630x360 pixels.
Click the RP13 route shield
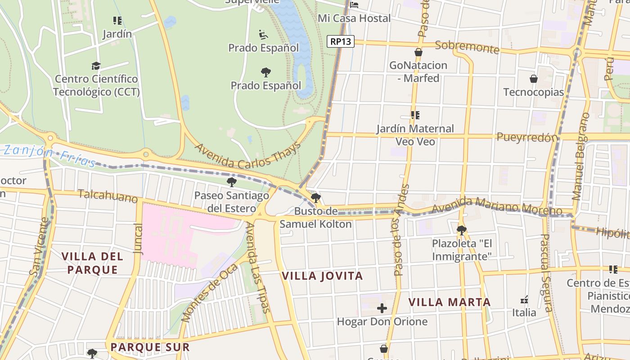click(341, 41)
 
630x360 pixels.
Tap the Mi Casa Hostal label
click(354, 18)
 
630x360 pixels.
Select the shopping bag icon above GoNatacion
click(418, 52)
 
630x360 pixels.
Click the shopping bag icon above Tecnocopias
click(533, 79)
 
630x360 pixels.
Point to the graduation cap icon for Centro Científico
click(96, 66)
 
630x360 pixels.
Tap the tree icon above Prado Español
click(265, 72)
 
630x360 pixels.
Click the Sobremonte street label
click(467, 47)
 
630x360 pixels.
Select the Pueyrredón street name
click(527, 137)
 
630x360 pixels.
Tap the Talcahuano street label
click(108, 196)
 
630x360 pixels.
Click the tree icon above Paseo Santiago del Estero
click(232, 182)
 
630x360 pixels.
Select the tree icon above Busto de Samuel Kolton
click(316, 198)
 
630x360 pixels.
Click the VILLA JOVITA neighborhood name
click(322, 276)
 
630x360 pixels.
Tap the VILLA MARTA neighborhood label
click(449, 302)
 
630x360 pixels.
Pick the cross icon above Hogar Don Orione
click(382, 308)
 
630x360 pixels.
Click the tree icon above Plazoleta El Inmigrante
click(461, 230)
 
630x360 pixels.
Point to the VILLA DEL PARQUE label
click(92, 263)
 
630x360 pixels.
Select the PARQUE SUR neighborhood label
click(150, 347)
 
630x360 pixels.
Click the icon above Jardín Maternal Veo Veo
click(415, 116)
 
